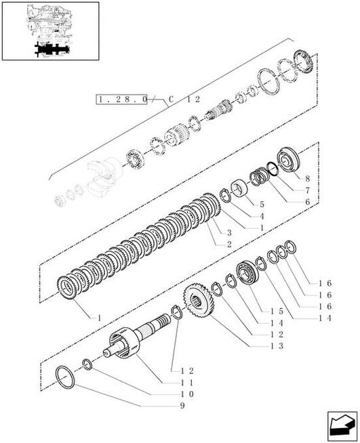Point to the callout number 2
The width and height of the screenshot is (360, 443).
click(x=229, y=244)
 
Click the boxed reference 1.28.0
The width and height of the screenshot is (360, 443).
click(x=123, y=100)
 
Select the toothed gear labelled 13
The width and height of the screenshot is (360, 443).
click(x=199, y=301)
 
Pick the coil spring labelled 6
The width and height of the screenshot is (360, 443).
click(x=258, y=179)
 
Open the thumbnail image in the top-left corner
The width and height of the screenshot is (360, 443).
click(x=51, y=32)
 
